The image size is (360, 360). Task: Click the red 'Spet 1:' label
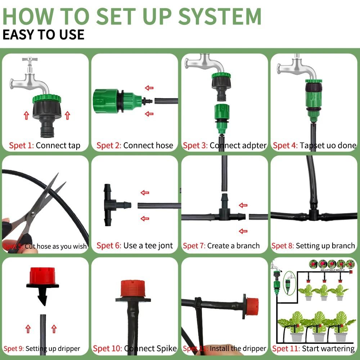pyautogui.click(x=21, y=145)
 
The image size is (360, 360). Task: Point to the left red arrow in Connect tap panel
pyautogui.click(x=26, y=116)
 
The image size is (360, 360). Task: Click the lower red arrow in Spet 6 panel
pyautogui.click(x=145, y=218)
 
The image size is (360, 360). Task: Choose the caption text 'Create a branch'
pyautogui.click(x=233, y=246)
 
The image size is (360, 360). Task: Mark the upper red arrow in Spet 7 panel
pyautogui.click(x=243, y=205)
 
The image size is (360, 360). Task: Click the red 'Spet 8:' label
pyautogui.click(x=283, y=246)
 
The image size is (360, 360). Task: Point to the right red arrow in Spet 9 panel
pyautogui.click(x=54, y=329)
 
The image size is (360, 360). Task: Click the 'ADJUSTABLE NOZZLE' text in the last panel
pyautogui.click(x=330, y=269)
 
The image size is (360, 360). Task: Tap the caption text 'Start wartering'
pyautogui.click(x=328, y=348)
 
